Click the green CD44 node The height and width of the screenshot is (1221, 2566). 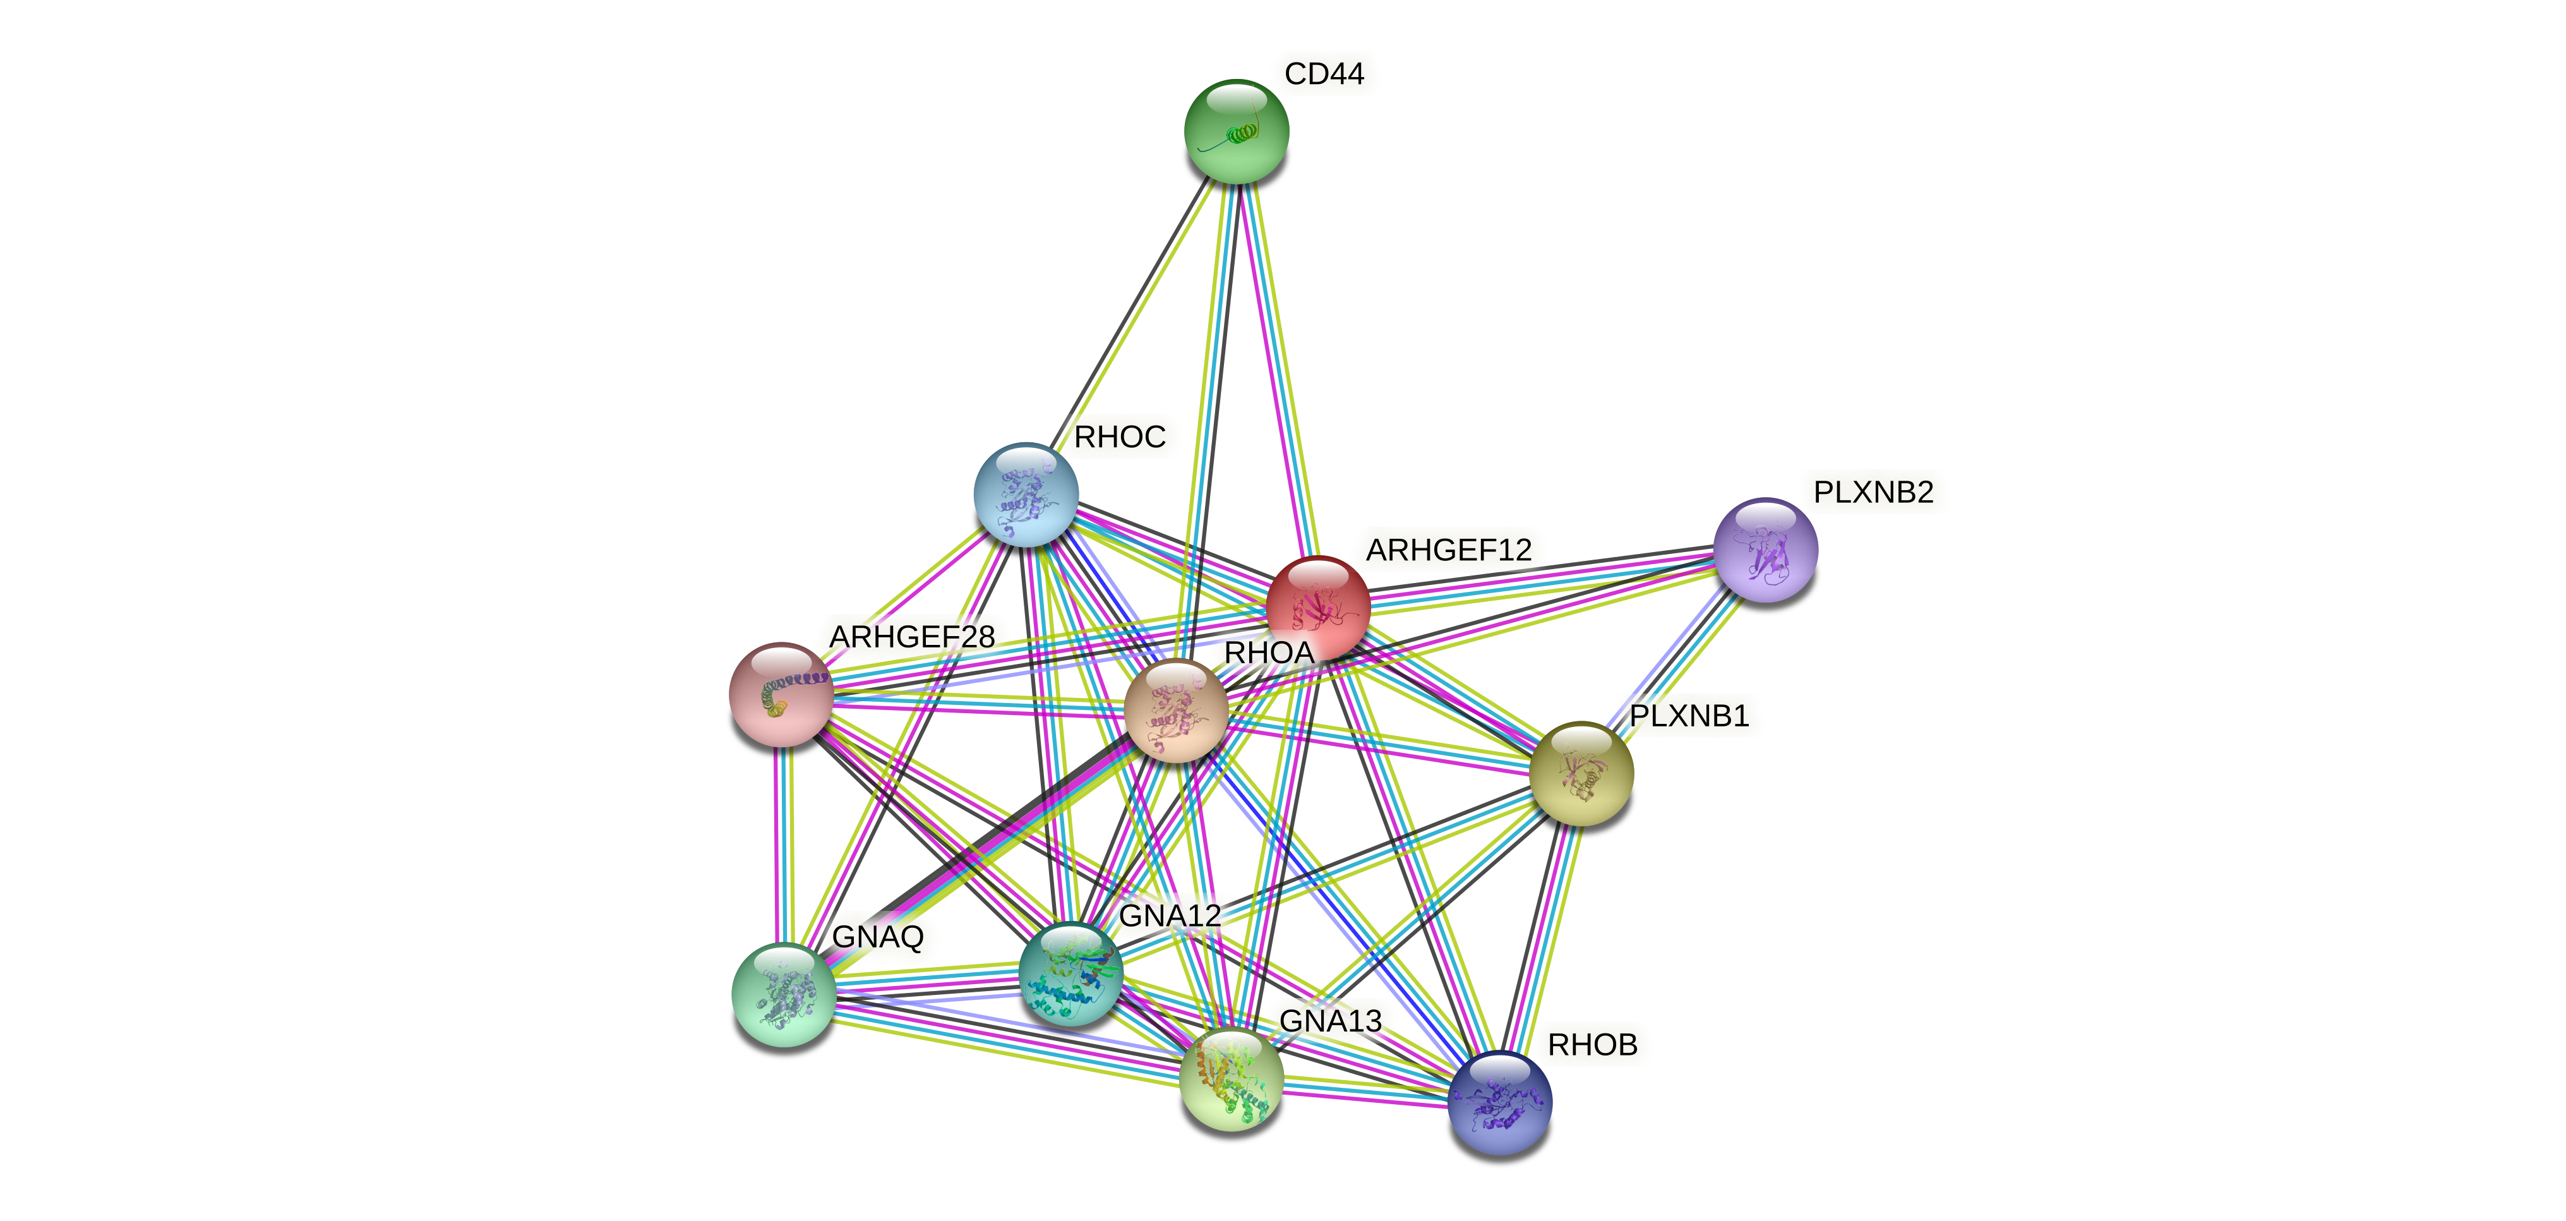click(1236, 131)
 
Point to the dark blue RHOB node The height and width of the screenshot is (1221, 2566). click(1500, 1102)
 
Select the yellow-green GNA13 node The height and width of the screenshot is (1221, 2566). click(1231, 1079)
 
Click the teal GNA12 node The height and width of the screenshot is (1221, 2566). click(1071, 973)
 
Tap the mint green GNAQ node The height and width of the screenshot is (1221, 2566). click(784, 994)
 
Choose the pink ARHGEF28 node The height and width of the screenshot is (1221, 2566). click(781, 694)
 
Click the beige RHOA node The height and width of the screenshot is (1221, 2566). click(1175, 710)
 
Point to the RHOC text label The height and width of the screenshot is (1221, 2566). click(1120, 437)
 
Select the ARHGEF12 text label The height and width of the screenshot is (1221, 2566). click(1448, 550)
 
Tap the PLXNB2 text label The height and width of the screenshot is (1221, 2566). click(1873, 492)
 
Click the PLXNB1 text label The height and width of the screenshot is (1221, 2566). click(1689, 716)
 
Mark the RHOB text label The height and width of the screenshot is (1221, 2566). click(1592, 1045)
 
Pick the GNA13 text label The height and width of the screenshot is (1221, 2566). click(1330, 1021)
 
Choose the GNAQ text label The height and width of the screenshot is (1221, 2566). click(878, 937)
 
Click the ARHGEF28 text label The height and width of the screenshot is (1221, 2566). click(911, 636)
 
